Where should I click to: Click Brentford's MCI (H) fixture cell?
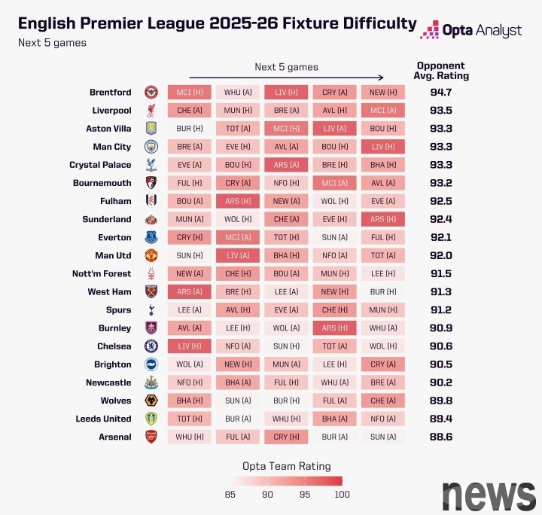tap(189, 93)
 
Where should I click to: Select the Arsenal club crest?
tap(151, 437)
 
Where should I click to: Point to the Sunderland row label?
tap(107, 219)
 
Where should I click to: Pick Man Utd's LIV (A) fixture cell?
tap(237, 255)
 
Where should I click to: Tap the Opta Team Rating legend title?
tap(286, 466)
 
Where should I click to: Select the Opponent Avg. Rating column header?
tap(441, 71)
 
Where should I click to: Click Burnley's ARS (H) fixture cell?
tap(335, 328)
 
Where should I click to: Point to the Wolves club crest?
tap(151, 401)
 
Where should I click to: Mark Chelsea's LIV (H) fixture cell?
tap(189, 346)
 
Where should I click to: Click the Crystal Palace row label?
tap(100, 165)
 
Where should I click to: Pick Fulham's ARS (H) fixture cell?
tap(237, 201)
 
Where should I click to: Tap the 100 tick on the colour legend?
tap(342, 495)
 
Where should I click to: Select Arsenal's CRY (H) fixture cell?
tap(286, 437)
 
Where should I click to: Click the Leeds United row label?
tap(103, 419)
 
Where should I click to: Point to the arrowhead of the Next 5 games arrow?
tap(382, 77)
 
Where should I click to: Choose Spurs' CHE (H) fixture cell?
tap(335, 309)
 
